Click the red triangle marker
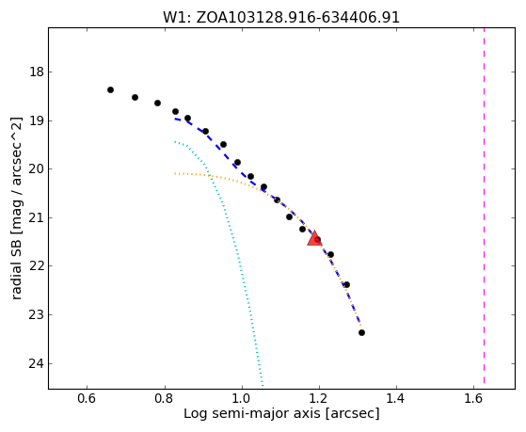pos(314,239)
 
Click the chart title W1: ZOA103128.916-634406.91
pos(281,18)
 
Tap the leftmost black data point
pos(110,90)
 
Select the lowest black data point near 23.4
pos(361,332)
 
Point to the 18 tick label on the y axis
pos(37,72)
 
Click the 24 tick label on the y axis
pos(37,363)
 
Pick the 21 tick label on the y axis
pos(37,217)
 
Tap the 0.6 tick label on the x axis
pos(87,398)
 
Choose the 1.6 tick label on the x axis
pos(473,398)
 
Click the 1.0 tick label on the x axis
pos(242,398)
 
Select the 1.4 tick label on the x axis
pos(396,398)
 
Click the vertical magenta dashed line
pos(484,205)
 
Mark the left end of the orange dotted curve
pos(175,173)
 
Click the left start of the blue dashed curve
pos(175,119)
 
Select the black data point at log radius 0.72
pos(135,97)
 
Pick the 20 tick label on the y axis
pos(37,169)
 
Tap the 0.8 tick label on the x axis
pos(165,398)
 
